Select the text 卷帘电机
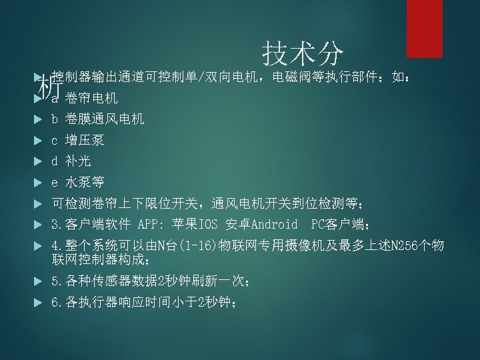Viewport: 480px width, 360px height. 91,99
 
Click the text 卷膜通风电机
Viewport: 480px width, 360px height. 104,119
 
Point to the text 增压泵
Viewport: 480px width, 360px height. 85,141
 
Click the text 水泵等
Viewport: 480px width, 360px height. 85,182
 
